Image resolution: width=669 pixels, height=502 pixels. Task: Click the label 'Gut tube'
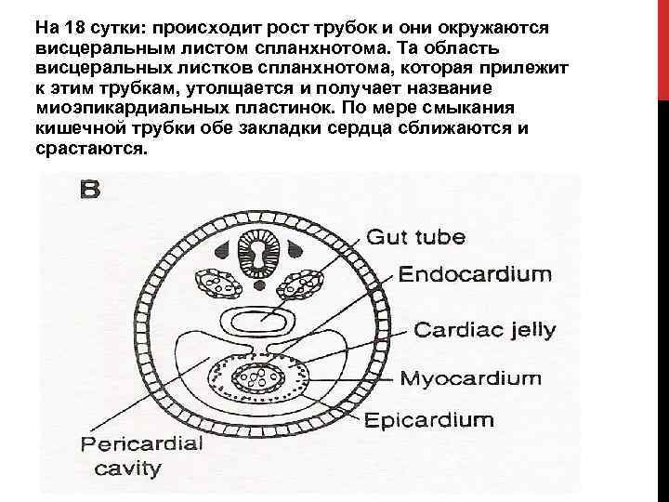417,236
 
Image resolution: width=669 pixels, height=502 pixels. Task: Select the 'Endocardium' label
476,274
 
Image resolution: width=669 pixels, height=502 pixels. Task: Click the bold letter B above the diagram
89,191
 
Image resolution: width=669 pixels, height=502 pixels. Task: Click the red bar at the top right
662,46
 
